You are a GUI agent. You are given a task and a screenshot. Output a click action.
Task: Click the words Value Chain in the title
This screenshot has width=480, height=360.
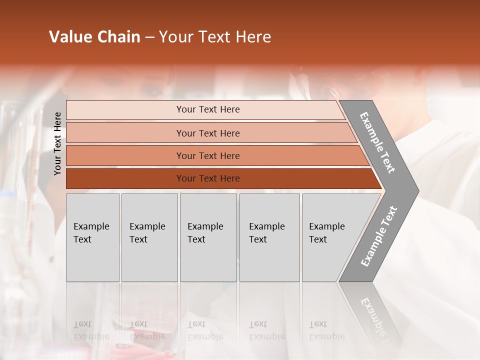coord(94,37)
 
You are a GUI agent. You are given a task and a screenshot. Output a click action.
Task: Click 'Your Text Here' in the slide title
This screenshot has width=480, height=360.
coord(215,37)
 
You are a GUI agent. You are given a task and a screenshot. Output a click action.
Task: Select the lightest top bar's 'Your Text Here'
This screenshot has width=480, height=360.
coord(208,109)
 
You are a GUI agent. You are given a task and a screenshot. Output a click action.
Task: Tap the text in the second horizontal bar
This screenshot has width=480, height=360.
coord(208,133)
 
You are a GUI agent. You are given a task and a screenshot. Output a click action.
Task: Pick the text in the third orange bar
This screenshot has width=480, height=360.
coord(208,156)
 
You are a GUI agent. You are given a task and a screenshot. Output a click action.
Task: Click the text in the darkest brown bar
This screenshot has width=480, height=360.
coord(208,178)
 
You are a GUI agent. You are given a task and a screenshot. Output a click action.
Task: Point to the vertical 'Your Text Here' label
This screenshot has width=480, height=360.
coord(57,143)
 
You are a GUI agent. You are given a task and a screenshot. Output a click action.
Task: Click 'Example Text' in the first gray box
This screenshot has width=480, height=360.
coord(91,233)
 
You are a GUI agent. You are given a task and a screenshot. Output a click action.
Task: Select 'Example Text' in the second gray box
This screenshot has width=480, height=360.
coord(147,233)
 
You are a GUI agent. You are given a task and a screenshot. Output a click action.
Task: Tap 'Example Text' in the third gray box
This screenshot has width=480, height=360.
coord(205,233)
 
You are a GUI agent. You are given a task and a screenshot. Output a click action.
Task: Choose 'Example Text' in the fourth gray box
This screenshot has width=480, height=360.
coord(266,233)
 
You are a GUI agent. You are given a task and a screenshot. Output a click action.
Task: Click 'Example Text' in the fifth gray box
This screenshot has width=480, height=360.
coord(326,233)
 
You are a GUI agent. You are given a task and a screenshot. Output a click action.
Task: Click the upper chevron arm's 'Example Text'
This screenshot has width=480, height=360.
coord(377,142)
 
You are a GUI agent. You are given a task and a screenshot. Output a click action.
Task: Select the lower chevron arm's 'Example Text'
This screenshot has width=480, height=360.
coord(379,236)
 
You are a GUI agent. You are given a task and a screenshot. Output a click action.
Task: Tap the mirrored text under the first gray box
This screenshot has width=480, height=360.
coord(91,330)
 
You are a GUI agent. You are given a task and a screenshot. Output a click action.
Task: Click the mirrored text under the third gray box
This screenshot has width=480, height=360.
coord(205,330)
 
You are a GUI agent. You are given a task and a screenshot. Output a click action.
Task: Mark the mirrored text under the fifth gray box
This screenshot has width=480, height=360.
coord(326,330)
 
